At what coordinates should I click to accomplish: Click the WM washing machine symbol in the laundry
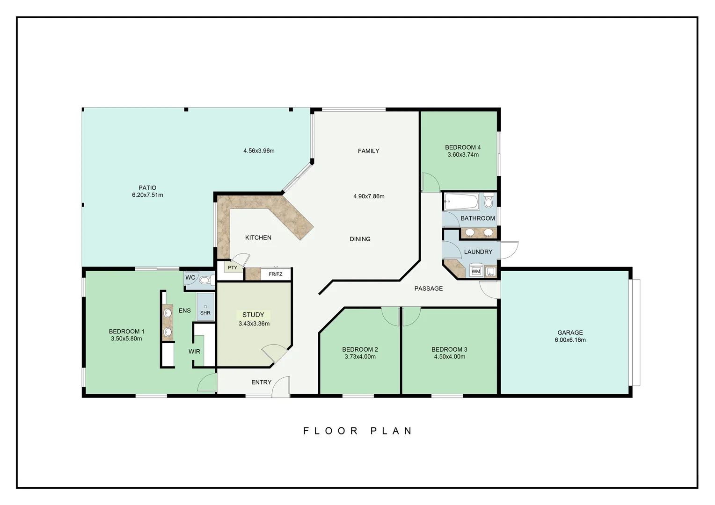475,271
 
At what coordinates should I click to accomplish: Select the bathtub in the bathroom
461,202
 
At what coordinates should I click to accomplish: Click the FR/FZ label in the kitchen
276,274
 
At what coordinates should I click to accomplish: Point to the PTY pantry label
233,268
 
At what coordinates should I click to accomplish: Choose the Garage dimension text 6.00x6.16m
570,340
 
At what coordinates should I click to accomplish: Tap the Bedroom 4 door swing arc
430,182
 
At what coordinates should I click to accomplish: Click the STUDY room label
253,315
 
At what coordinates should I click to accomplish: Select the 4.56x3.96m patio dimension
259,151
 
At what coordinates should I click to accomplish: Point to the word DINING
360,239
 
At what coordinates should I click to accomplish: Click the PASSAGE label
428,289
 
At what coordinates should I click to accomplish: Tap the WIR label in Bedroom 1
194,351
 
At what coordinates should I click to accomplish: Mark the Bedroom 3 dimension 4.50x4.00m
449,356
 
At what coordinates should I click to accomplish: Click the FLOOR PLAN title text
357,431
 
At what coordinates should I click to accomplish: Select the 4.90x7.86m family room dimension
369,196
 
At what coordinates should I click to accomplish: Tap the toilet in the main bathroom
489,202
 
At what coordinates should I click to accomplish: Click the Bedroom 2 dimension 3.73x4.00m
360,356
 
